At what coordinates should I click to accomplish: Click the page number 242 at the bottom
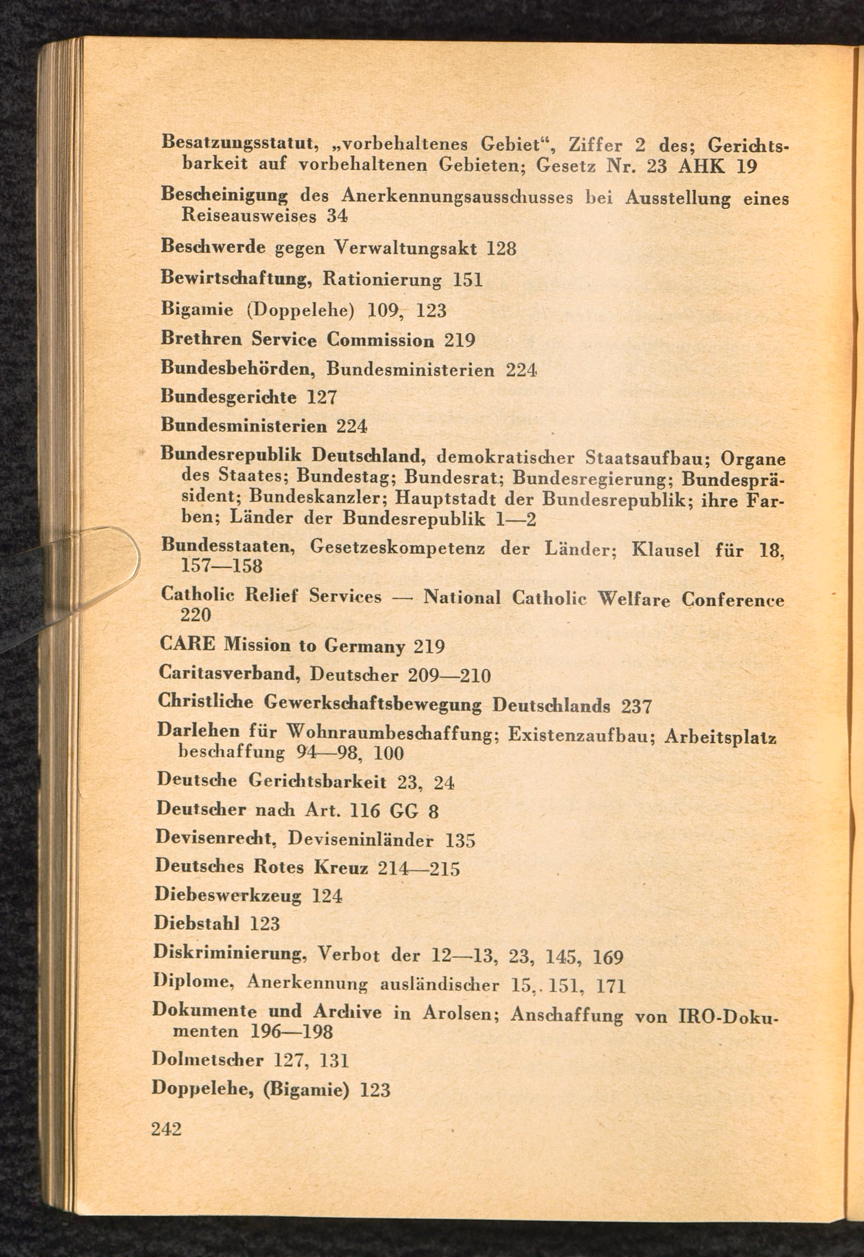[166, 1129]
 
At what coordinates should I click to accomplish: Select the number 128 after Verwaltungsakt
[501, 248]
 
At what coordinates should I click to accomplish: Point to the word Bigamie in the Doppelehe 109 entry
[197, 310]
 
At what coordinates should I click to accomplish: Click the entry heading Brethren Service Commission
[297, 340]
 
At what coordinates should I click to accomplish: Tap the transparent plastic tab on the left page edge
[103, 560]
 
